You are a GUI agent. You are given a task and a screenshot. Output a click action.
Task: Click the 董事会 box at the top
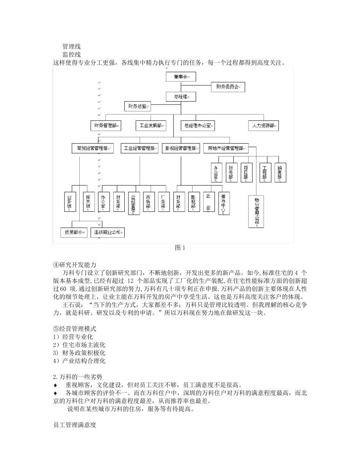pos(181,77)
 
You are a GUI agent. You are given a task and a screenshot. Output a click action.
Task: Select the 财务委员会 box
pos(228,87)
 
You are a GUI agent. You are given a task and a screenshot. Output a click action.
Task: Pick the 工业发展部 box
pos(150,125)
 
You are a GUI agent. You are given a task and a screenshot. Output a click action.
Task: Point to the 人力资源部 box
pos(263,125)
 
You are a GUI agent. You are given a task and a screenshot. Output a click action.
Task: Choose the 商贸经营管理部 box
pos(92,149)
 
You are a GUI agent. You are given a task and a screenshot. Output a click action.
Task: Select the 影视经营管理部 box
pos(180,149)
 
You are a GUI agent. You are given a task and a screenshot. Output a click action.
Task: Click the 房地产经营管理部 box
pos(225,149)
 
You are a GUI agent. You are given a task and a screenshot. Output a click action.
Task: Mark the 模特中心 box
pos(224,203)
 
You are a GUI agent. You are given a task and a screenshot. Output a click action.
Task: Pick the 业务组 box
pos(70,202)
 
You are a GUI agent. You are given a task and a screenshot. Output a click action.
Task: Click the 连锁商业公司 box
pos(108,232)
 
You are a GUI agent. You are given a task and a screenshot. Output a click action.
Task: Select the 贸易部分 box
pos(74,232)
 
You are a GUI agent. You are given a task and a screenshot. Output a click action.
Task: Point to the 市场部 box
pos(149,202)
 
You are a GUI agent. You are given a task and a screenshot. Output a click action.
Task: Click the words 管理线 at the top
pos(71,47)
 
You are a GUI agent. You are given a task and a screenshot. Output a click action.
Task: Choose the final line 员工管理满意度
pos(75,425)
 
